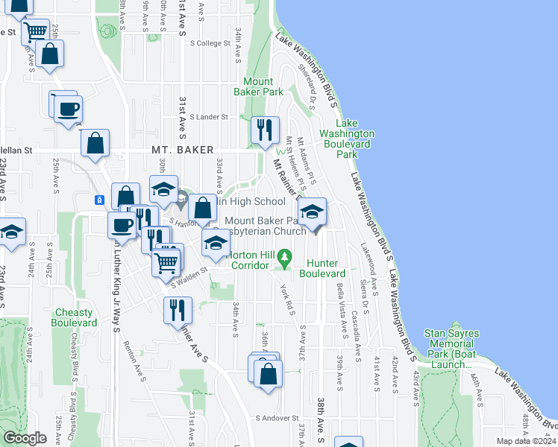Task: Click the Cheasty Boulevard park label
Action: point(74,317)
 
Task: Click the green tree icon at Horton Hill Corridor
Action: point(283,259)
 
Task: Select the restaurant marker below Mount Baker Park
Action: point(265,131)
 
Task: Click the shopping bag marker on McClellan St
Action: point(95,145)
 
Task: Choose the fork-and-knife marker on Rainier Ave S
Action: point(178,309)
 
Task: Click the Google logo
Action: point(25,439)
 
